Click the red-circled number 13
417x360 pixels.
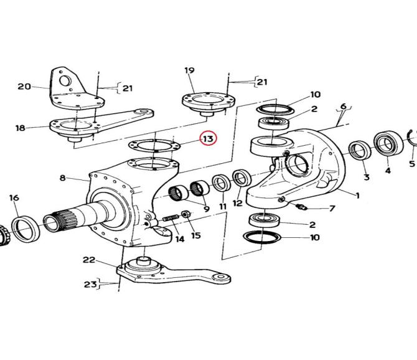pyautogui.click(x=207, y=138)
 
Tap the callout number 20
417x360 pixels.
pyautogui.click(x=24, y=87)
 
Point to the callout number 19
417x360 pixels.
pyautogui.click(x=190, y=71)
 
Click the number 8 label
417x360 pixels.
pyautogui.click(x=62, y=178)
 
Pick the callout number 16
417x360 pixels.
pyautogui.click(x=14, y=198)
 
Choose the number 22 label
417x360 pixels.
pyautogui.click(x=89, y=260)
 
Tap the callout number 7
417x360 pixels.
pyautogui.click(x=332, y=208)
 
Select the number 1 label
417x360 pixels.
pyautogui.click(x=357, y=196)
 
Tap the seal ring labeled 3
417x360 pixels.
pyautogui.click(x=360, y=151)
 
